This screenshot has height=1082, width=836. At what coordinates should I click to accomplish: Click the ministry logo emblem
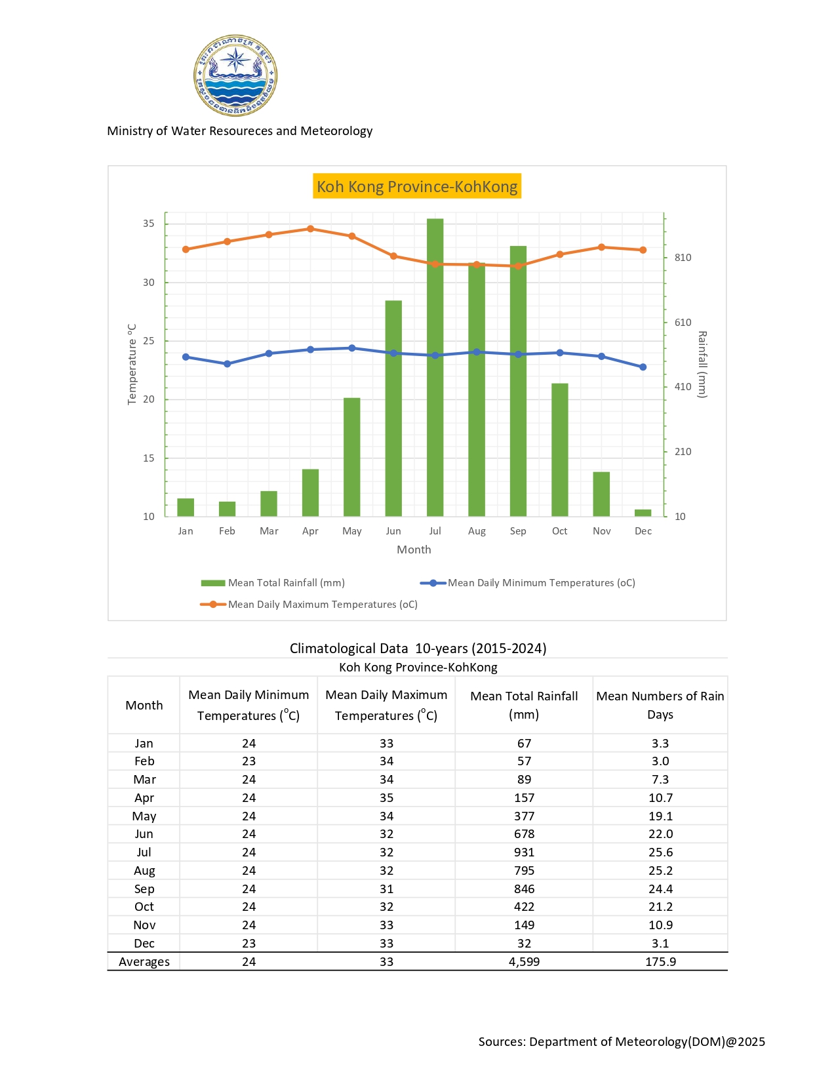[x=235, y=75]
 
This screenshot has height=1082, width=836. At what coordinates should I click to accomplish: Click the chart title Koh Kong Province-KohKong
[x=417, y=186]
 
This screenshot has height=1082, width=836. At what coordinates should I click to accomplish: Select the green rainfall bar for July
[x=435, y=367]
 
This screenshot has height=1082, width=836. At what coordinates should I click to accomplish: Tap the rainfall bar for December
[x=643, y=513]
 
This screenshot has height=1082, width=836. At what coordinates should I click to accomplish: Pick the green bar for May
[x=352, y=457]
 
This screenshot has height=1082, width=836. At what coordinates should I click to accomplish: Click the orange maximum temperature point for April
[x=311, y=229]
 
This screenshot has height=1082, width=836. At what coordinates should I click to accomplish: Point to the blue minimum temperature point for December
[x=643, y=367]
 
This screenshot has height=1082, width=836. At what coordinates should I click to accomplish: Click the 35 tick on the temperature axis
[x=149, y=224]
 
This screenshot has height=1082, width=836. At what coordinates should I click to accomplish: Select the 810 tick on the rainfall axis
[x=683, y=258]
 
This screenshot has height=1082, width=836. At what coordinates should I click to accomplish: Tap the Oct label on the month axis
[x=560, y=531]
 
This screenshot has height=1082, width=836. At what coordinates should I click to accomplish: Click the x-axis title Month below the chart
[x=414, y=550]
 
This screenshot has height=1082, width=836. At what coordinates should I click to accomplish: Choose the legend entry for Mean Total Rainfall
[x=273, y=583]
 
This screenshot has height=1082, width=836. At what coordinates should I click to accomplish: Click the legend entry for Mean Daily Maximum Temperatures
[x=309, y=605]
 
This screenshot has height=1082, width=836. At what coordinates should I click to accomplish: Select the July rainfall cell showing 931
[x=524, y=852]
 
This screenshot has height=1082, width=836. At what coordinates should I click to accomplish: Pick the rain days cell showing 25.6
[x=660, y=852]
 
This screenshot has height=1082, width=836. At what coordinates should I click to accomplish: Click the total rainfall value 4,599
[x=524, y=962]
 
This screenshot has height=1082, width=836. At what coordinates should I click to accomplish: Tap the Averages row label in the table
[x=144, y=962]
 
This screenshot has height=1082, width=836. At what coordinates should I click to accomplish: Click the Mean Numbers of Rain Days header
[x=660, y=705]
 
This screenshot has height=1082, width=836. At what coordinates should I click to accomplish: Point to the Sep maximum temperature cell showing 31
[x=386, y=889]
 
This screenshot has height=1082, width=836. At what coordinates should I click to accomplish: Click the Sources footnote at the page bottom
[x=622, y=1042]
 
